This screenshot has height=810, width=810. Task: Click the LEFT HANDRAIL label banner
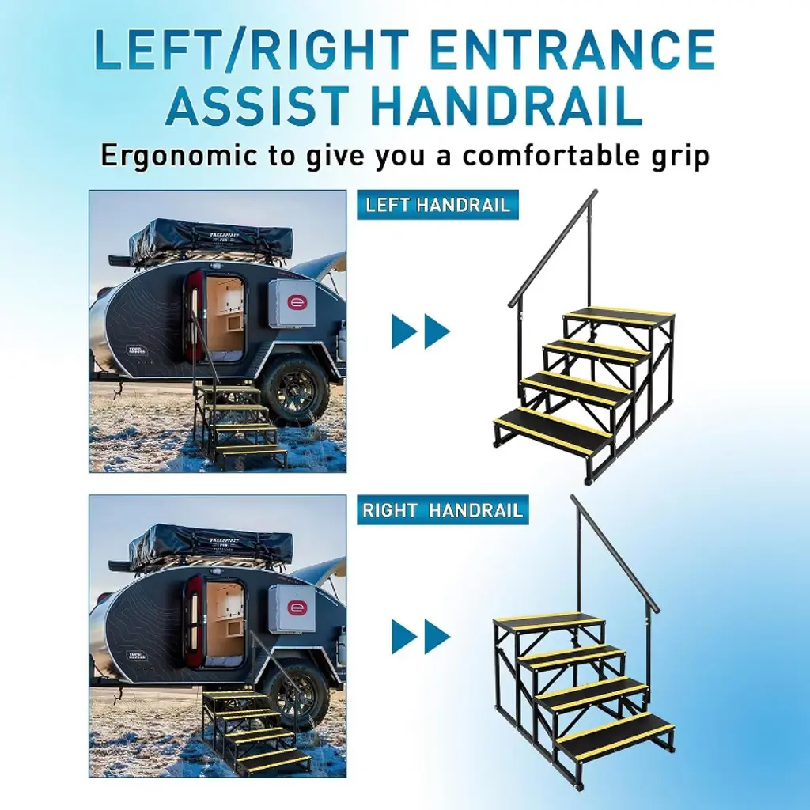(437, 205)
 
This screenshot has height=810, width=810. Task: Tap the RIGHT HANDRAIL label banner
(443, 510)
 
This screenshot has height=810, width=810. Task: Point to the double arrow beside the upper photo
(421, 331)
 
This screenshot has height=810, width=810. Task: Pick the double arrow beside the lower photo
(421, 637)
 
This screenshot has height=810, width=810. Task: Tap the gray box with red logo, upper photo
(292, 304)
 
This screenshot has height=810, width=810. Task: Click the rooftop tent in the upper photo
(210, 242)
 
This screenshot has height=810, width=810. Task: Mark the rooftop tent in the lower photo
(210, 547)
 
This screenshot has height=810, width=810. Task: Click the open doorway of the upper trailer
(224, 319)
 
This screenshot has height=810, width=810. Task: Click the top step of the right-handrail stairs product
(549, 623)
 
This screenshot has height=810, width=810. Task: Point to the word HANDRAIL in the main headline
(506, 107)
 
